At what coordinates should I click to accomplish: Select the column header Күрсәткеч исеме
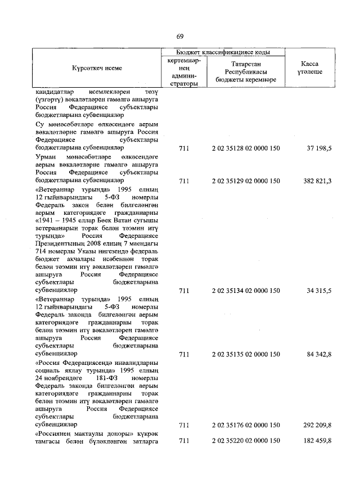click(x=97, y=67)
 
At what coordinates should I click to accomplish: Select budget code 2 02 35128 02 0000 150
click(x=246, y=148)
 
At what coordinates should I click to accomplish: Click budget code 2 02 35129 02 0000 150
click(x=246, y=181)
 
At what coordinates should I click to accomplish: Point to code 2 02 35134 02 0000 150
click(x=246, y=291)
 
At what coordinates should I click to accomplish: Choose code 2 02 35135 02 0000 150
click(x=246, y=355)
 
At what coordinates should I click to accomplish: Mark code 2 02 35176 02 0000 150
click(x=246, y=426)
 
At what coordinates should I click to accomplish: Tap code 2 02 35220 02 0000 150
click(x=246, y=441)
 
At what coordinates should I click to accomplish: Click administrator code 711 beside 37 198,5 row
click(x=184, y=148)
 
